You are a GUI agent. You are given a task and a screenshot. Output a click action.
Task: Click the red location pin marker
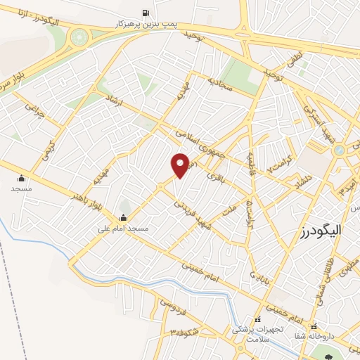point(181,165)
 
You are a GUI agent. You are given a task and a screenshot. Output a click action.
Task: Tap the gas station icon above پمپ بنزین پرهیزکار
point(146,13)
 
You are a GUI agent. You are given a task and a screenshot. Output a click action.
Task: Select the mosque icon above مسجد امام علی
point(124,217)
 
